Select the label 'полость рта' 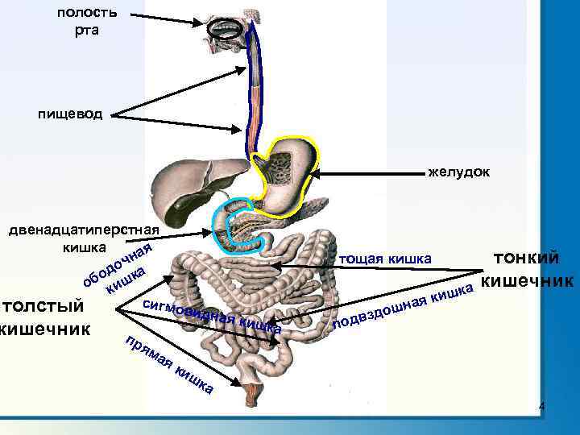pyautogui.click(x=87, y=21)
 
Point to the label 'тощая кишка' pyautogui.click(x=386, y=259)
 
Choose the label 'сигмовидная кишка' pyautogui.click(x=211, y=316)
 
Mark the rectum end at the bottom pyautogui.click(x=251, y=394)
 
